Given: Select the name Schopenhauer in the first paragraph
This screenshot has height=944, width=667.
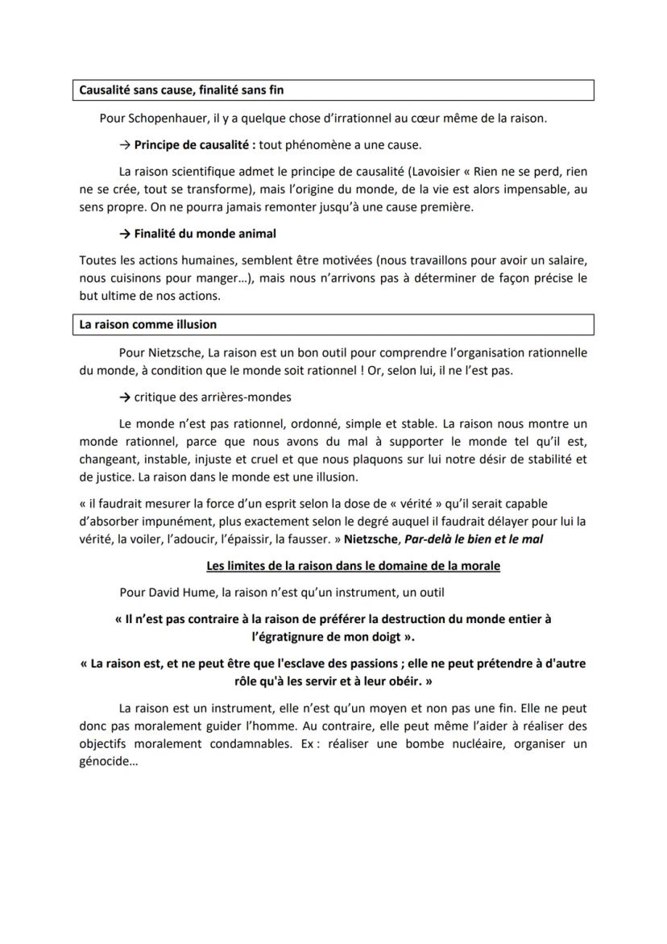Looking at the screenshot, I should tap(167, 119).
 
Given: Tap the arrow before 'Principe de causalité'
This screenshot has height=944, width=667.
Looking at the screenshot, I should tap(125, 145).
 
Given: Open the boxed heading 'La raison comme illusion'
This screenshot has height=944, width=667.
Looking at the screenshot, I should tap(148, 325).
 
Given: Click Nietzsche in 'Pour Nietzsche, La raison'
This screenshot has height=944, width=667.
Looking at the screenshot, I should tap(173, 352).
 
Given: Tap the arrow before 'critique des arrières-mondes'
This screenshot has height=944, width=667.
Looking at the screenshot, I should tap(125, 397).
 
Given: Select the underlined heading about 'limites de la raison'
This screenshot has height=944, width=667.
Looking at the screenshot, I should tap(353, 566).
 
